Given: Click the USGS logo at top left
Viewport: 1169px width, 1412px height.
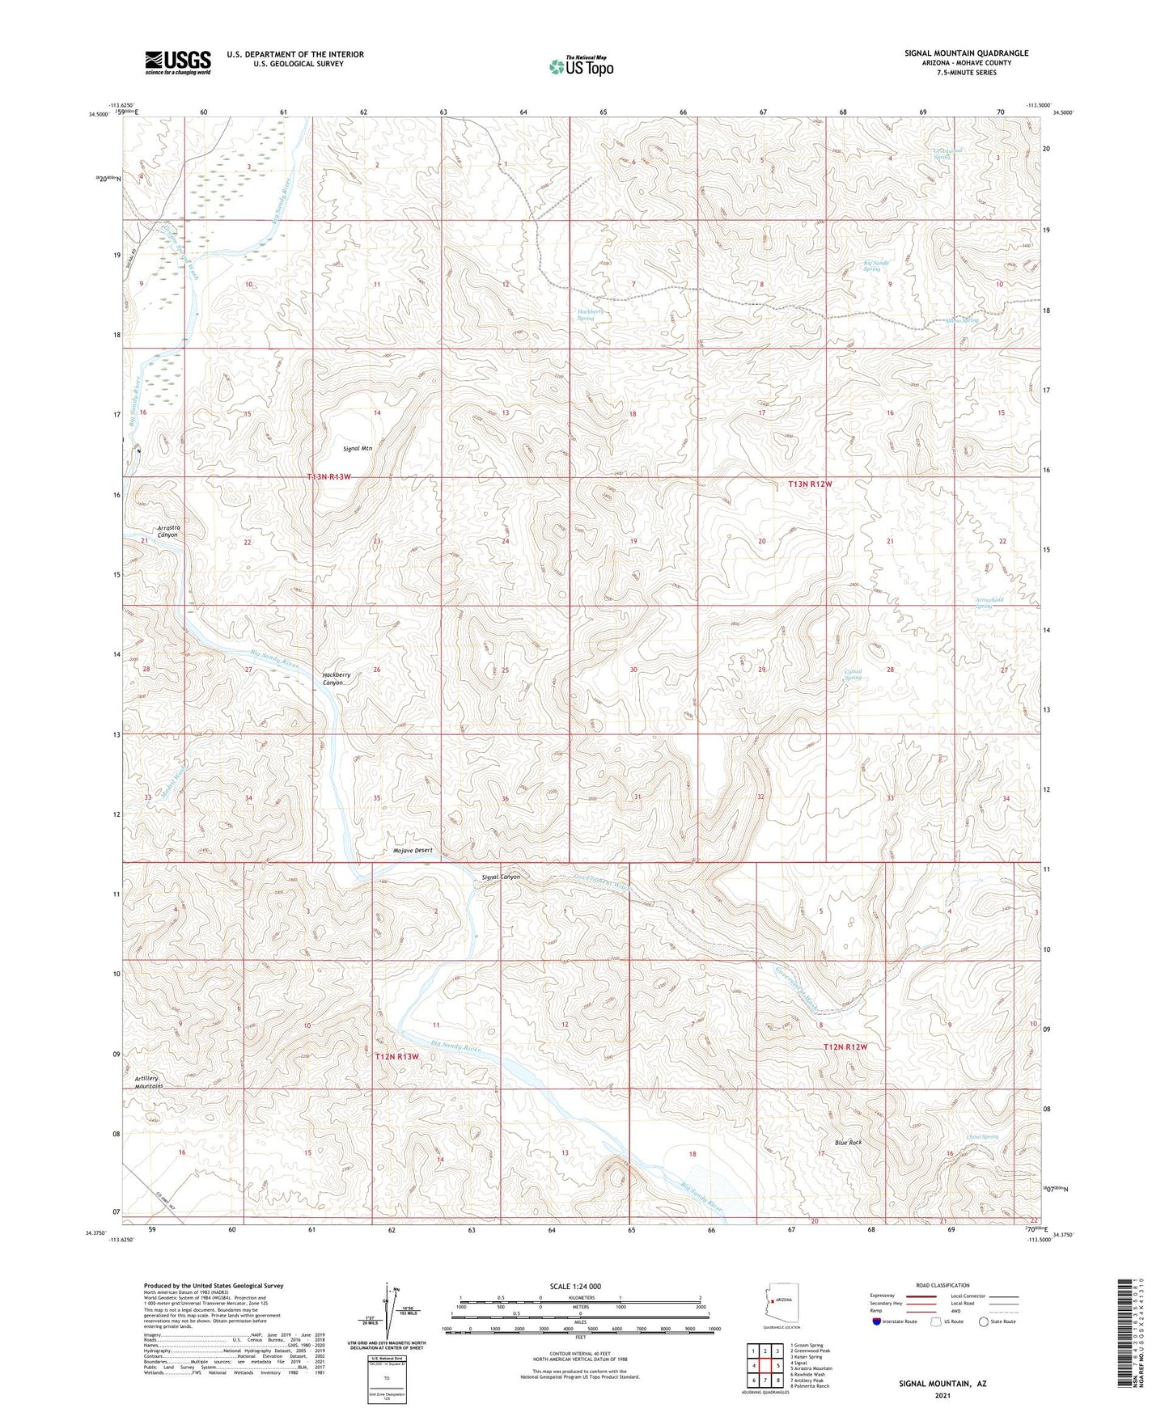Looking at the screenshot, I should click(178, 62).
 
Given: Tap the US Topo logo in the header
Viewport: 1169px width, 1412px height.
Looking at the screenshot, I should click(581, 66).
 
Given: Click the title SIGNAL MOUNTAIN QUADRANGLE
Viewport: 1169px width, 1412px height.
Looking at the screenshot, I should click(966, 53).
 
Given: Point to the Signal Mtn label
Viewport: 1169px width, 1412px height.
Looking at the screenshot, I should click(357, 448).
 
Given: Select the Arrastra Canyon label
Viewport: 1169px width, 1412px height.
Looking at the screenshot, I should click(168, 531).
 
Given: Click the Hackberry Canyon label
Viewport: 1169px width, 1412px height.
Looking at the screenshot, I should click(336, 679).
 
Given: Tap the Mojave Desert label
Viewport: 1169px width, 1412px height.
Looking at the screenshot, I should click(413, 850).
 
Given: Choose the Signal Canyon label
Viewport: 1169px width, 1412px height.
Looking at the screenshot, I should click(500, 877).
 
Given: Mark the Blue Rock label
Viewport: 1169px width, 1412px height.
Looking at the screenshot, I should click(849, 1143).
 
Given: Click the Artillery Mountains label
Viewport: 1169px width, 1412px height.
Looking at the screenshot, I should click(152, 1082).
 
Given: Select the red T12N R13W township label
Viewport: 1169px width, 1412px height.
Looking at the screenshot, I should click(396, 1057).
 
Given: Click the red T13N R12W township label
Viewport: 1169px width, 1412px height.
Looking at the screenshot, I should click(810, 484).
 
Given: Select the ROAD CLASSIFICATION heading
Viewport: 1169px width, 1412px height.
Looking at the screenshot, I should click(942, 1285).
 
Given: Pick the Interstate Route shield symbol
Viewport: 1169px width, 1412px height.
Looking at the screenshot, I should click(877, 1321).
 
